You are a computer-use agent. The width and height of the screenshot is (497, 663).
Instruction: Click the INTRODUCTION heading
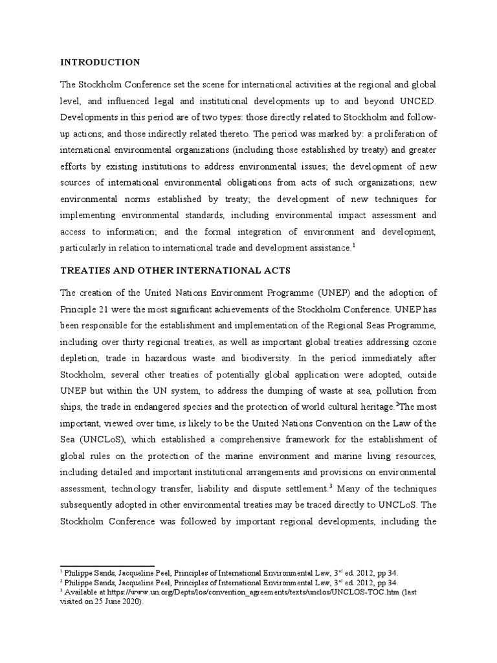[x=100, y=62]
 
